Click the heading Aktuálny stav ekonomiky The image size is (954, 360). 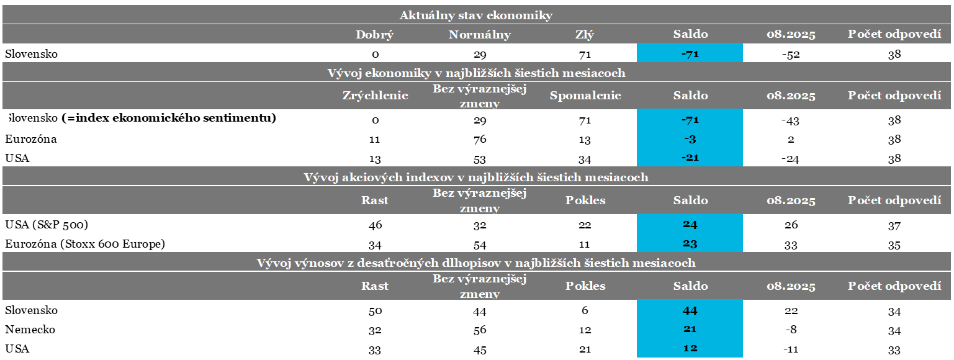(475, 16)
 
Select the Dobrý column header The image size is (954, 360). (374, 35)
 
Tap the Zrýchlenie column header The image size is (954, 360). (375, 96)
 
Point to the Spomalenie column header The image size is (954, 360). (585, 96)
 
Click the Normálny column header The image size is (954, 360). (479, 35)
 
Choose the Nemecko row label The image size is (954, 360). (30, 330)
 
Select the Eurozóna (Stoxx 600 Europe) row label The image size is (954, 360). (85, 244)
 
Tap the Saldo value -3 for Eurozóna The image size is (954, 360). (690, 139)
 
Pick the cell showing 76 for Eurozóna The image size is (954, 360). (479, 140)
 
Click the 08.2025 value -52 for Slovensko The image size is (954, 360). (790, 55)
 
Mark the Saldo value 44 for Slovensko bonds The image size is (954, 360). (690, 310)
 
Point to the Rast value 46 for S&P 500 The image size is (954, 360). (375, 225)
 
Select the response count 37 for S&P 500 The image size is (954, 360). (894, 225)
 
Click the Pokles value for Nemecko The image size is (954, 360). (585, 330)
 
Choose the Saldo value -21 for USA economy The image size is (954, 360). (690, 158)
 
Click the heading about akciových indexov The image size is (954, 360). (475, 178)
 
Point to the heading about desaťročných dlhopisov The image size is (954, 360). (475, 263)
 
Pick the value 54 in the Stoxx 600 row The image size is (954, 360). (479, 245)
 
